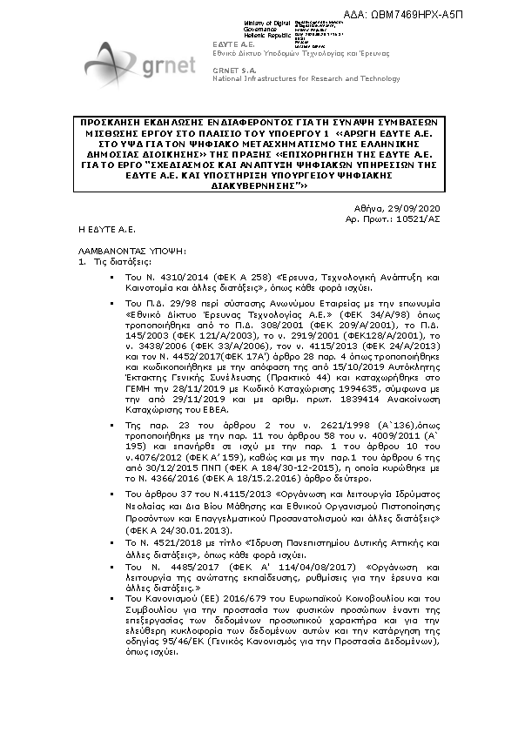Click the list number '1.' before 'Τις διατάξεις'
[x=83, y=260]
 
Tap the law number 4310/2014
[x=175, y=276]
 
